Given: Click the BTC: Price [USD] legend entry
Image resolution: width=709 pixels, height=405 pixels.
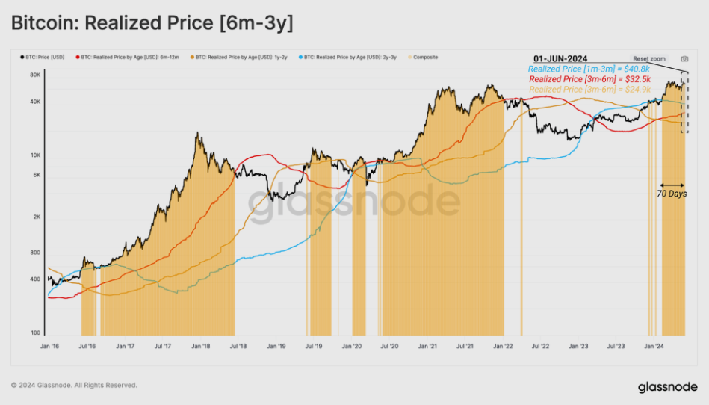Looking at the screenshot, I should point(44,58).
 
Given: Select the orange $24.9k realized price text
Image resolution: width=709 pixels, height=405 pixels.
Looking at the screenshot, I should point(586,90).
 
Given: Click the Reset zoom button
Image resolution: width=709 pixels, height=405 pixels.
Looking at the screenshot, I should point(649,58).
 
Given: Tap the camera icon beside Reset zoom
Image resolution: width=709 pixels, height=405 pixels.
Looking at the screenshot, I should point(684,58).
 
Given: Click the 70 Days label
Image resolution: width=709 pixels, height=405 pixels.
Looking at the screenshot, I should point(672,194).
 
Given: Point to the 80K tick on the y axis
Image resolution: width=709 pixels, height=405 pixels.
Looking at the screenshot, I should point(35,75).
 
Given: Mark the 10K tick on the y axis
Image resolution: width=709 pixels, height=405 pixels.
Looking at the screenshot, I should point(35,155).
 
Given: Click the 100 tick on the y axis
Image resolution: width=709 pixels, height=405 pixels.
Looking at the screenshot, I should point(36,333).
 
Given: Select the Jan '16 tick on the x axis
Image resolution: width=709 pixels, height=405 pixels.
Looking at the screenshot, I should point(50,346).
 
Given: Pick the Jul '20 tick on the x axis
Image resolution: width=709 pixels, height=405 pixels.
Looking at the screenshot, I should point(389,346).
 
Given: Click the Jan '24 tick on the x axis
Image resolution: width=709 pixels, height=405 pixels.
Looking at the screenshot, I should point(654,346).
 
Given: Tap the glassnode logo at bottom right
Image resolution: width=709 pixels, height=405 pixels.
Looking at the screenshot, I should point(667,386).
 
